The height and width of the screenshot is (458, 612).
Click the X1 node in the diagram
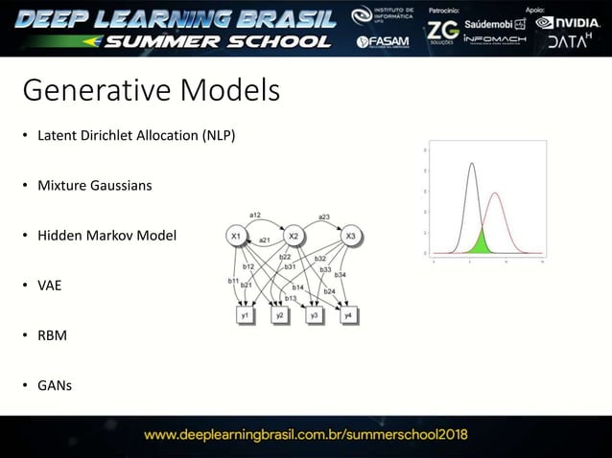pos(236,236)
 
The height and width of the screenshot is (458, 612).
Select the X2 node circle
pos(294,236)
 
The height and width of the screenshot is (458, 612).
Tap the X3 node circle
pos(351,236)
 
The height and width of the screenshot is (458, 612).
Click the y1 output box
pos(246,314)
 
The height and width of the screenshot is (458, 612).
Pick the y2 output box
pos(280,314)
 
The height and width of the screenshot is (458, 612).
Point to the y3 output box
pos(314,314)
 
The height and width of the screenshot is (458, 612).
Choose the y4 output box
pos(348,314)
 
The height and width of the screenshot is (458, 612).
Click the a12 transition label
pos(256,214)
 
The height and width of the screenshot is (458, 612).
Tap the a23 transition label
pos(324,217)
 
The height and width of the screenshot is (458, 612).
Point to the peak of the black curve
pos(471,164)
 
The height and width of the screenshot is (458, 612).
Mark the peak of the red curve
pos(495,194)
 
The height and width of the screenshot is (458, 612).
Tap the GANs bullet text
pos(55,386)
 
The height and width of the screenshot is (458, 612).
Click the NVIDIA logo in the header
pos(570,22)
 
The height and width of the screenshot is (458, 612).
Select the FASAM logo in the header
pos(383,42)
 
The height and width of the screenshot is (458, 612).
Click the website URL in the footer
pos(305,434)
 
